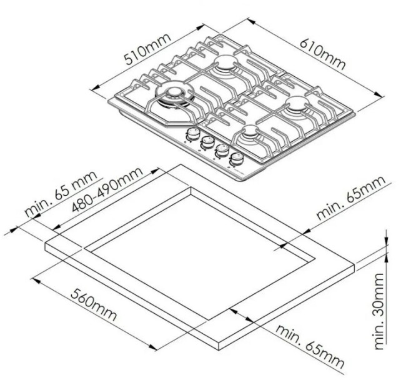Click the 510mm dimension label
point(147,49)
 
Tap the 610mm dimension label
point(323,54)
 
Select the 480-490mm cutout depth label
point(107,189)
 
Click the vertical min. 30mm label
point(379,311)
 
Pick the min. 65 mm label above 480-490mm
point(61,193)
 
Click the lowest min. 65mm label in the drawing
point(310,346)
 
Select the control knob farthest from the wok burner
point(237,158)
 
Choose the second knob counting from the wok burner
point(207,142)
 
